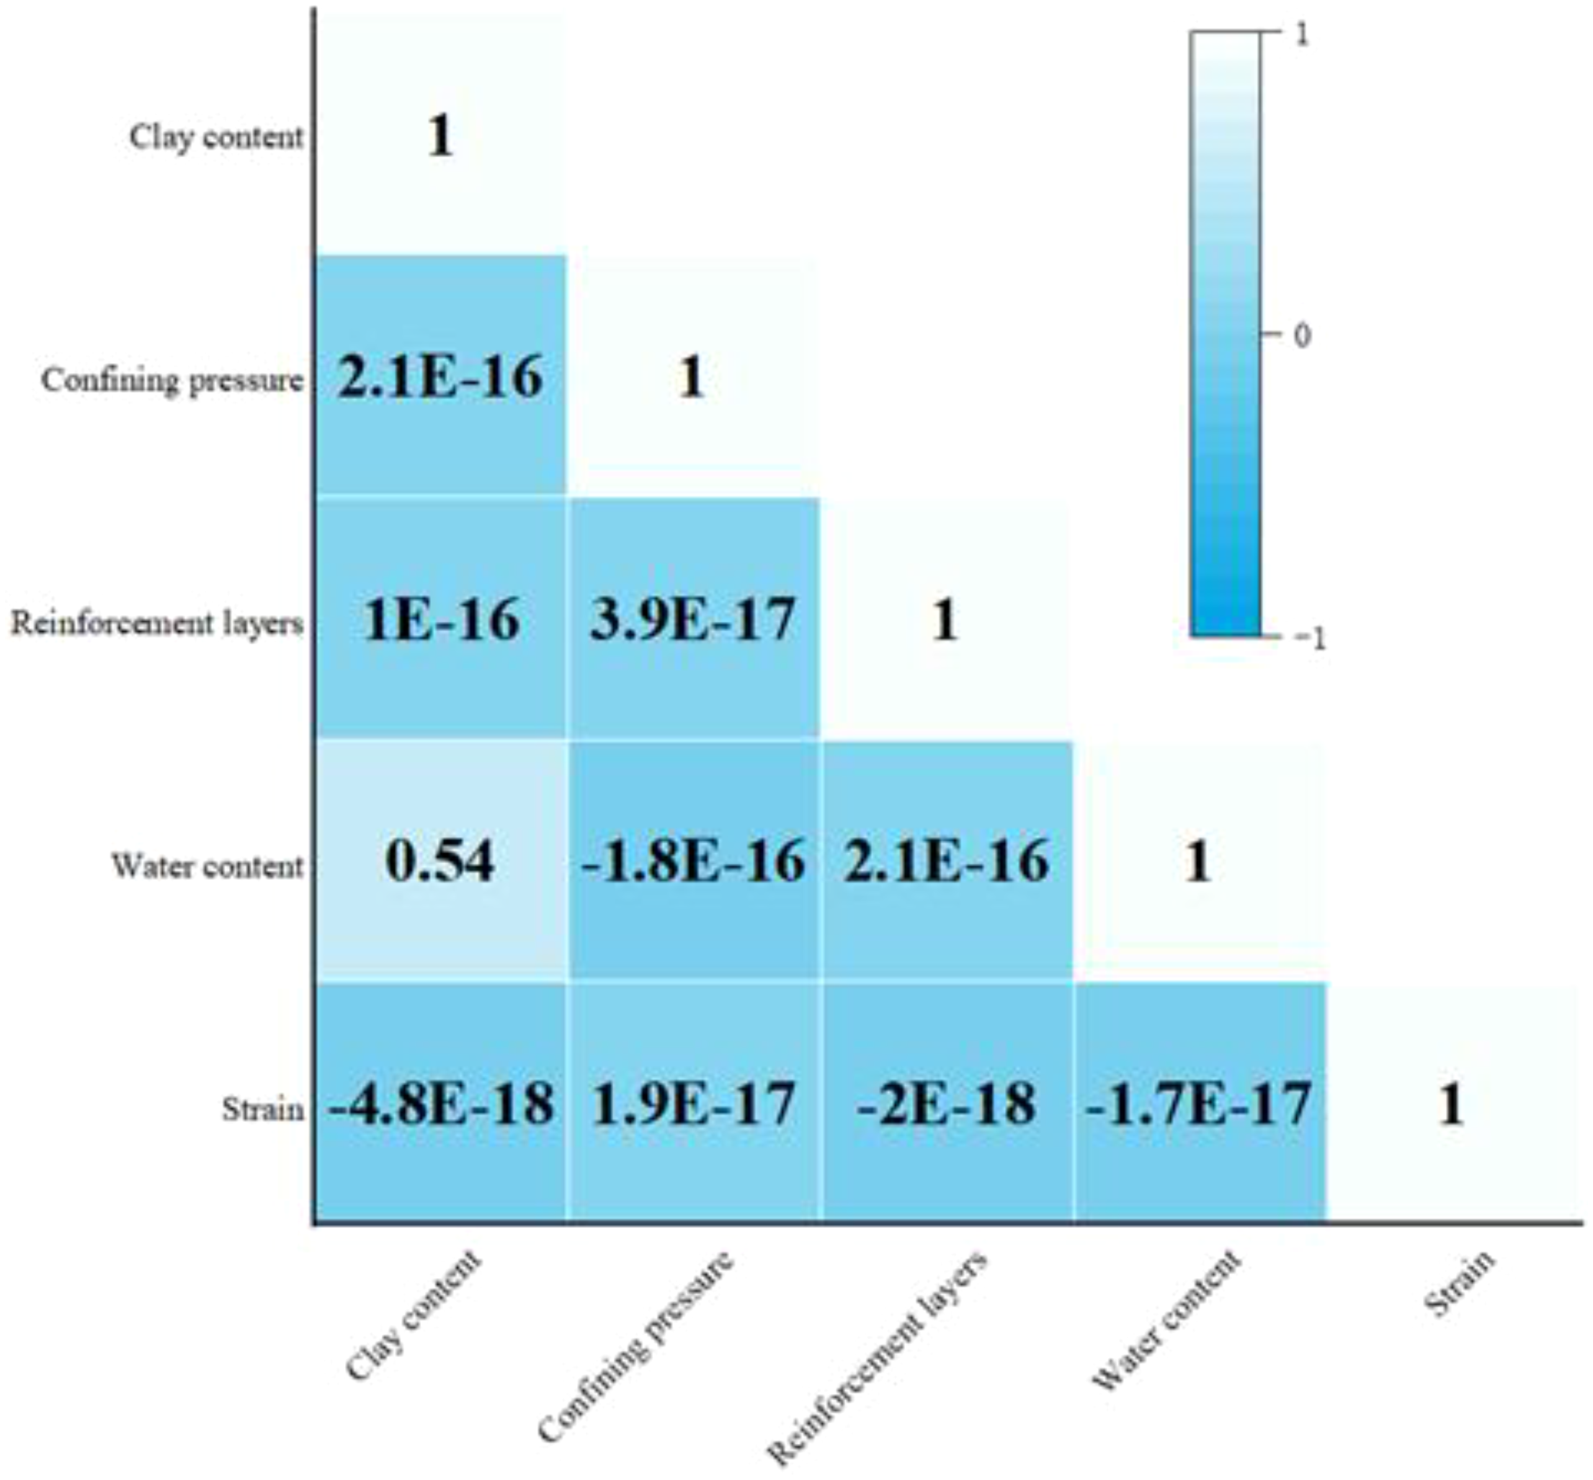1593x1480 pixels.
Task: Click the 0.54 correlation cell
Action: point(439,862)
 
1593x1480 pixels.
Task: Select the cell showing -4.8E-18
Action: point(439,1104)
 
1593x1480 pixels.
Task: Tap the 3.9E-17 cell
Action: point(693,619)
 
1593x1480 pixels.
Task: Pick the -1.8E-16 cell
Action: point(693,862)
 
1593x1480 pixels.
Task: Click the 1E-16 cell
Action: point(439,619)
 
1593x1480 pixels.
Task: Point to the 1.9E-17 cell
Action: point(693,1104)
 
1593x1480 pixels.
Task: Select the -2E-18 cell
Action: point(946,1104)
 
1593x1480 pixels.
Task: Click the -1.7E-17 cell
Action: point(1199,1104)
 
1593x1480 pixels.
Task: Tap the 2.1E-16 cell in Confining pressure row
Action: point(439,376)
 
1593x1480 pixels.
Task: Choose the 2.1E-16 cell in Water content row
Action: point(946,862)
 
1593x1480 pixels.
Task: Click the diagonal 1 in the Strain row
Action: point(1451,1104)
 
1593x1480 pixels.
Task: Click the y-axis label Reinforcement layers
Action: point(157,623)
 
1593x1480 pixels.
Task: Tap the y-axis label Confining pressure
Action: point(172,380)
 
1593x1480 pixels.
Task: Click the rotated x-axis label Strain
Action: point(1459,1284)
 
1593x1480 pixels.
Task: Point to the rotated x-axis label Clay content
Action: point(414,1314)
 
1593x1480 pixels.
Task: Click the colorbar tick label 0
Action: point(1302,335)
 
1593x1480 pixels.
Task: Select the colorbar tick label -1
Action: point(1309,638)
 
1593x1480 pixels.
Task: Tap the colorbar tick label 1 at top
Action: point(1302,35)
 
